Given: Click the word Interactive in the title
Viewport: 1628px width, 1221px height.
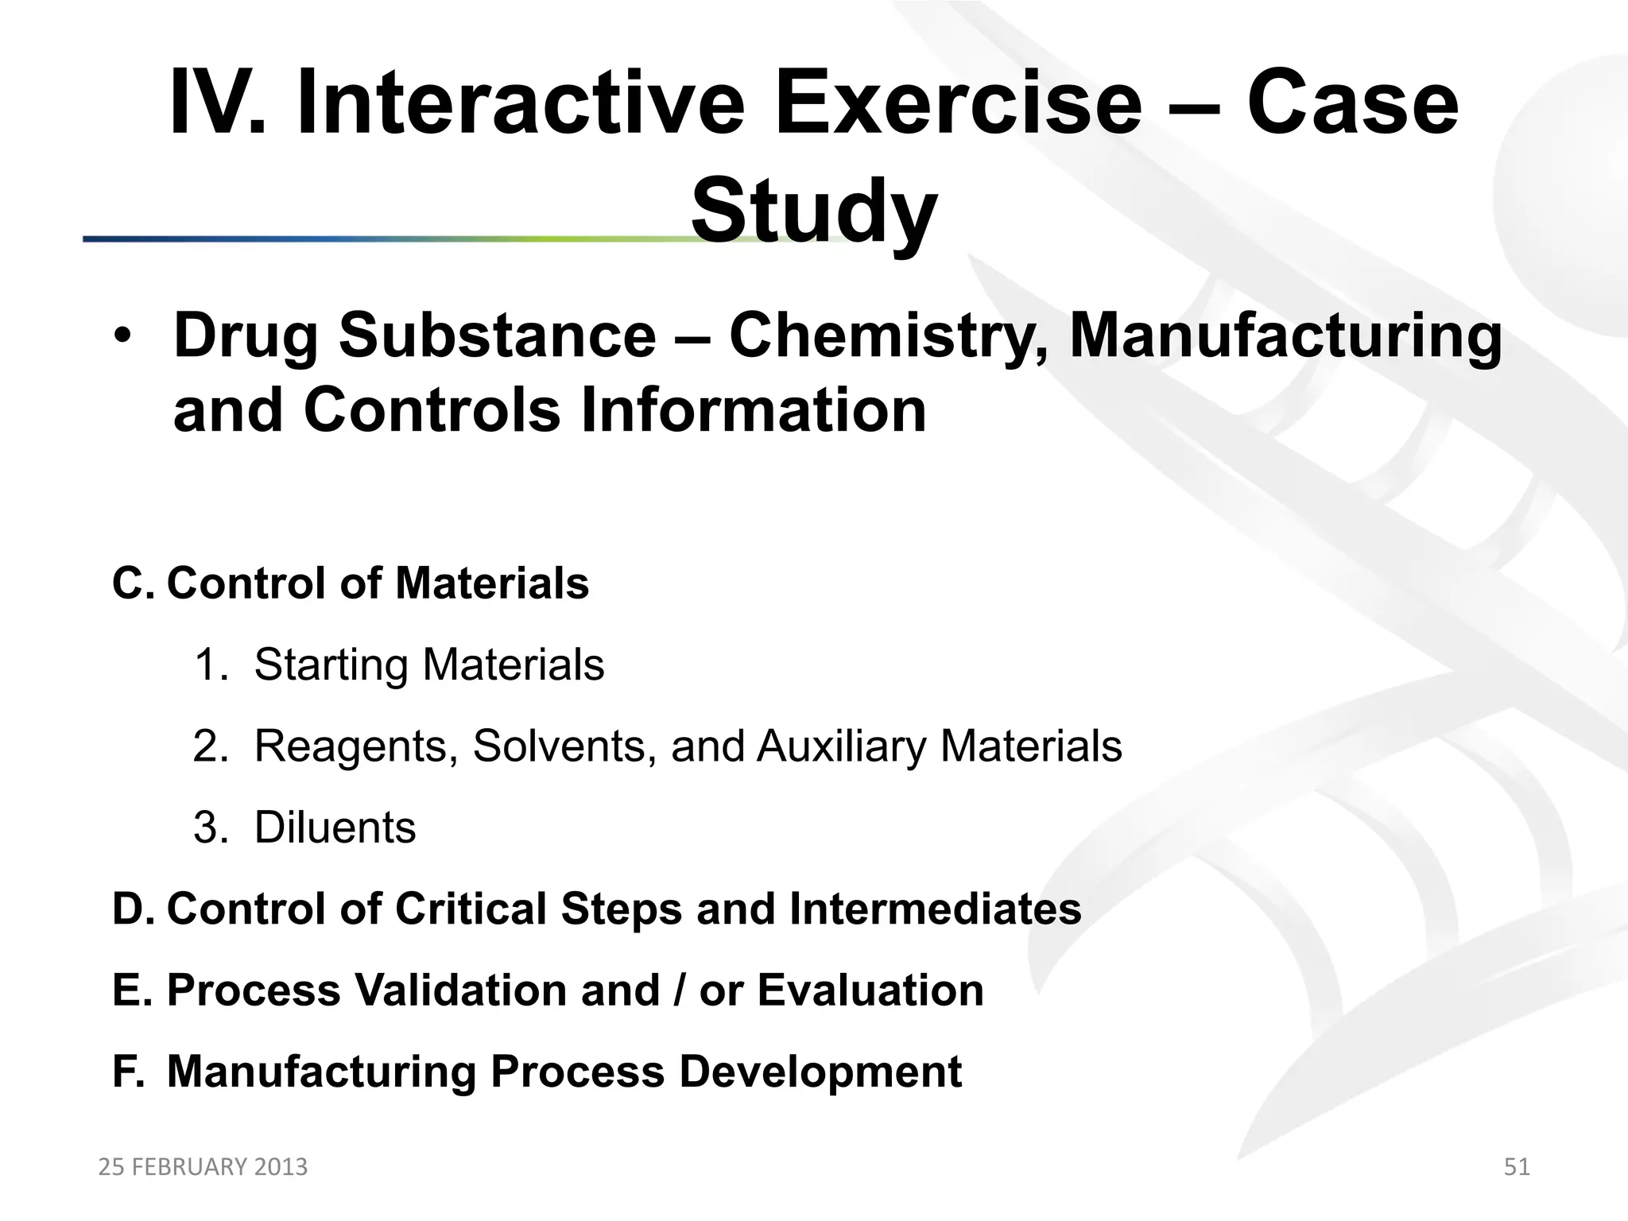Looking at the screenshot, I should coord(521,104).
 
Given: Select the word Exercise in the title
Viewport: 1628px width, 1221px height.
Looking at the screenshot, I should coord(958,104).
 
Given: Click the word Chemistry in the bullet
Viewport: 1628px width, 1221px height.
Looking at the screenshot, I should coord(890,336).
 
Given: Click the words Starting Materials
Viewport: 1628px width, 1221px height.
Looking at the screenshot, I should coord(429,665).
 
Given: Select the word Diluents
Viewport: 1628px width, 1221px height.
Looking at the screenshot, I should coord(335,828).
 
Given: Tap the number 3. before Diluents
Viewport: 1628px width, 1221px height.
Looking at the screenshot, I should coord(211,828).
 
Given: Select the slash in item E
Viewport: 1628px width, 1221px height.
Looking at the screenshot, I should coord(680,990).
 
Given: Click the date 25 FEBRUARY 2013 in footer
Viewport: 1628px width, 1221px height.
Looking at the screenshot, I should coord(203,1167).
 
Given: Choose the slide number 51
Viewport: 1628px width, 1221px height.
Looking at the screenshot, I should coord(1517,1167).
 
